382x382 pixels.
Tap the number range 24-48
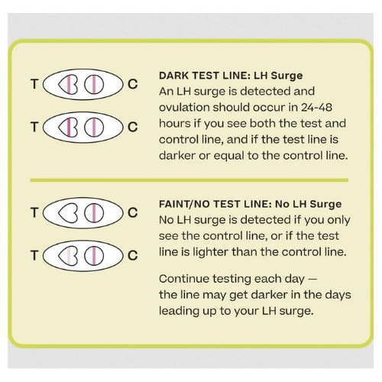coord(316,107)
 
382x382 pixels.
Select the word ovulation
coord(184,107)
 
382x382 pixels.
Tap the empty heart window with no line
coord(68,213)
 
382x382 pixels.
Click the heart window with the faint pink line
coord(68,255)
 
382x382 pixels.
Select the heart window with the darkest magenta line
coord(68,127)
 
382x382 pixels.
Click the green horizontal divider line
coord(189,180)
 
